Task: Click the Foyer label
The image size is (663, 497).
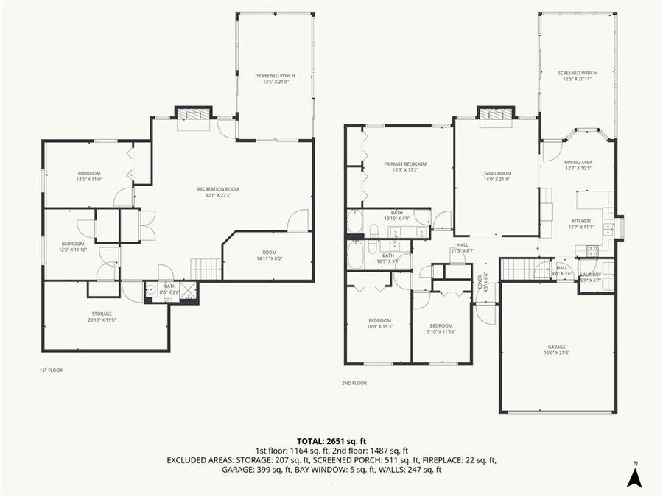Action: tap(480, 280)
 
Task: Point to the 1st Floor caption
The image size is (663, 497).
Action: tap(51, 370)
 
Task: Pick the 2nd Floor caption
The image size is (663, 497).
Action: tap(354, 383)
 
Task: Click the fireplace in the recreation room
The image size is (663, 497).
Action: tap(193, 114)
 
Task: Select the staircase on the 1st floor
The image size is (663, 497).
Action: tap(206, 269)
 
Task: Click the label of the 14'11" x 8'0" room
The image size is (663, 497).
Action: tap(268, 255)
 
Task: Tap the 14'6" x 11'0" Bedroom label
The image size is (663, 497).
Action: tap(88, 176)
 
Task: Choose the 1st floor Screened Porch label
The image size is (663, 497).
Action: tap(275, 79)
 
